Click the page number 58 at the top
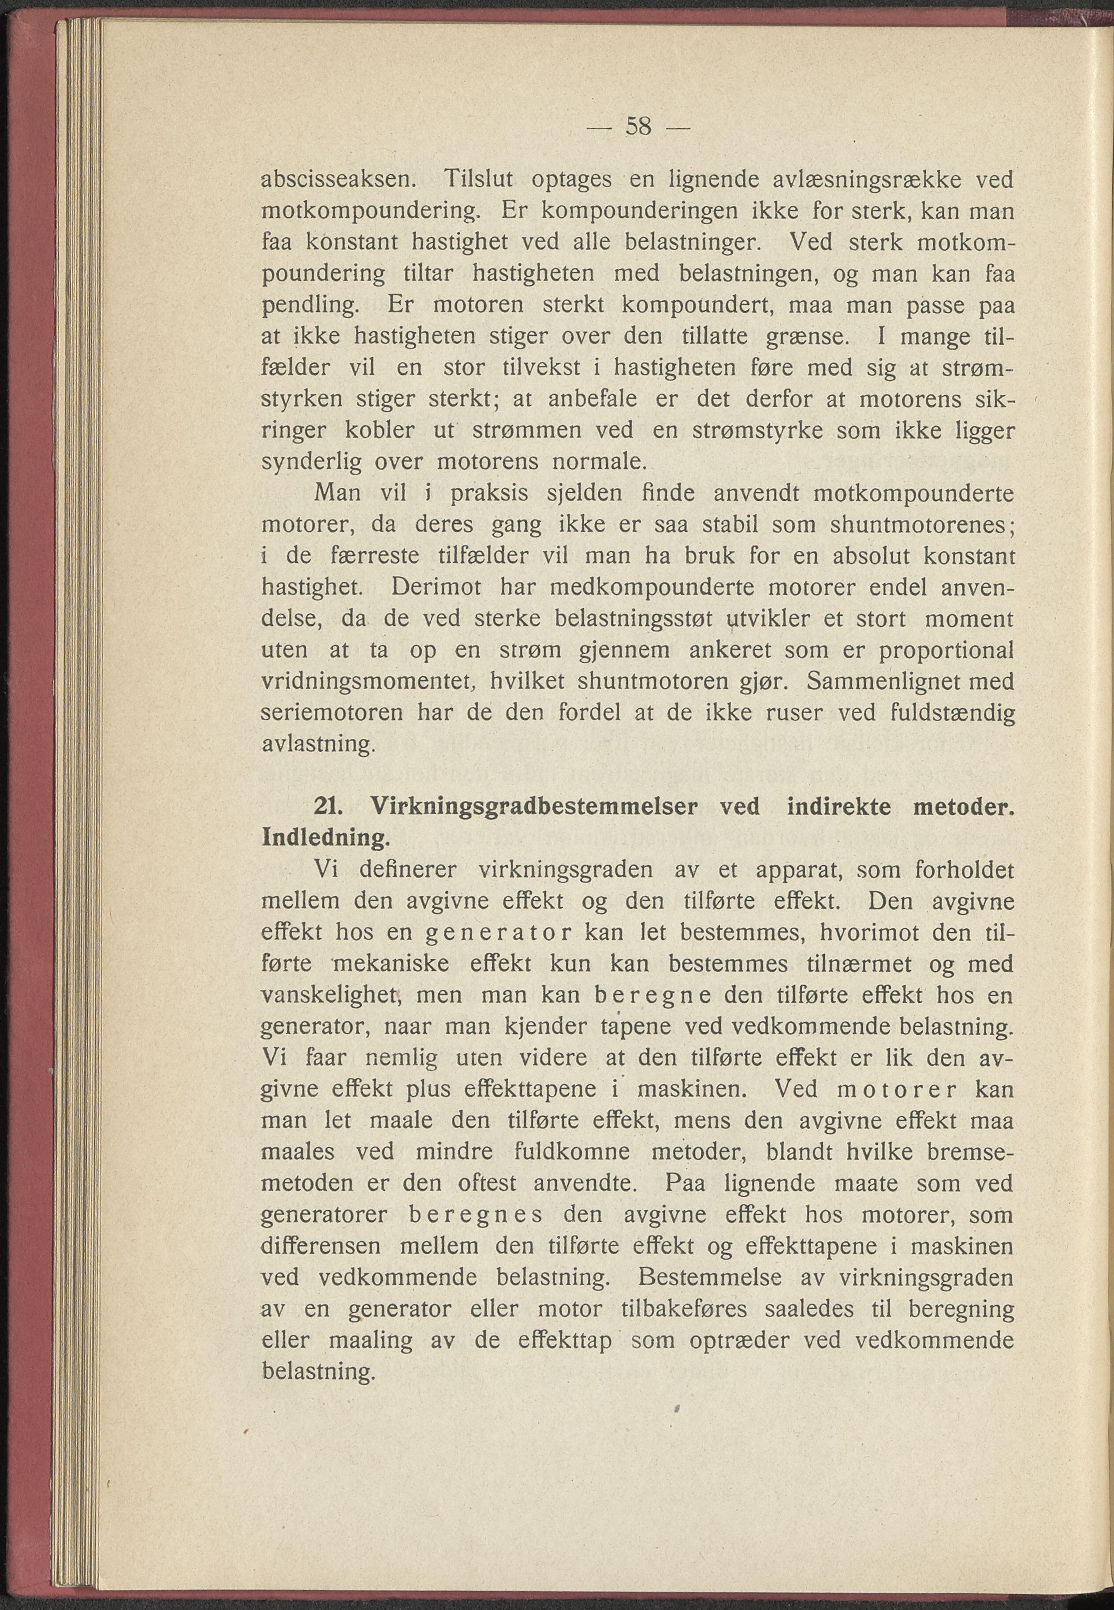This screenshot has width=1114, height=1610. pos(638,127)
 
